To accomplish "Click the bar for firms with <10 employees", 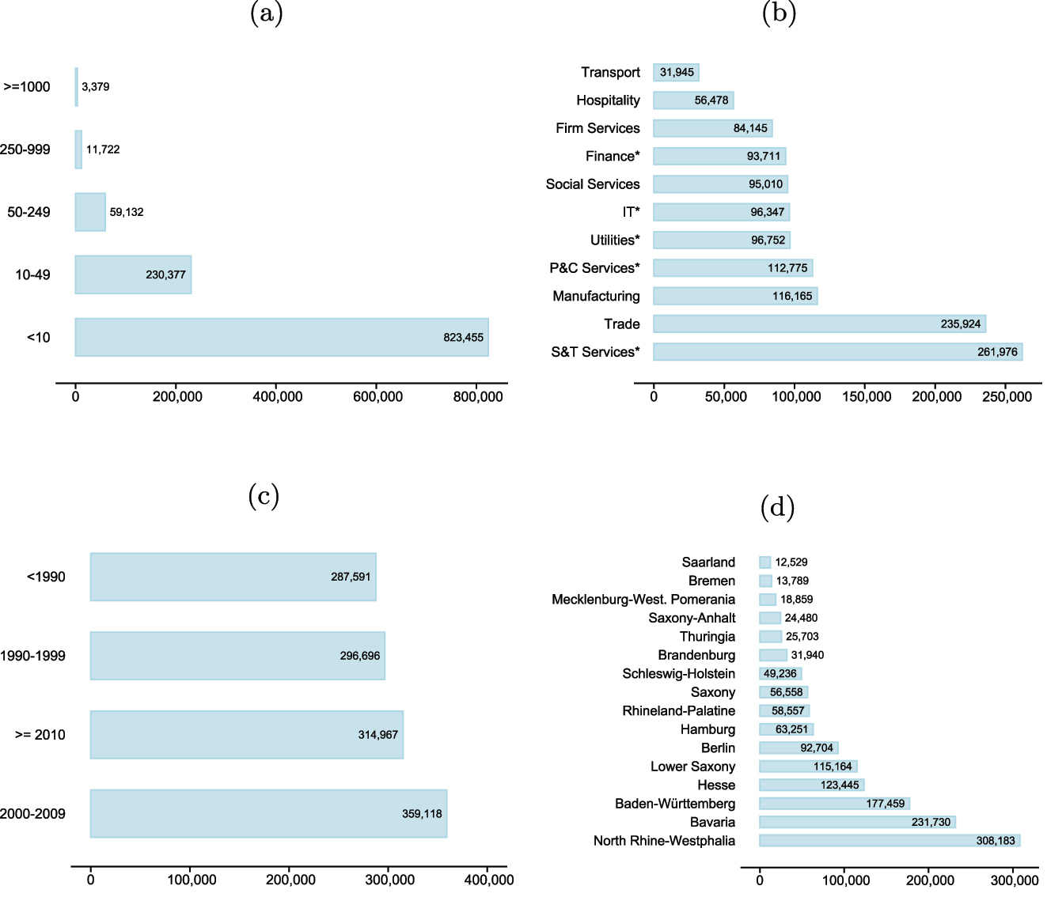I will point(281,337).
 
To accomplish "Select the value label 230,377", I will point(165,274).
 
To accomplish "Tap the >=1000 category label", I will point(27,87).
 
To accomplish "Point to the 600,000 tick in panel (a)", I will point(377,396).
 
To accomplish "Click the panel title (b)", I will point(778,13).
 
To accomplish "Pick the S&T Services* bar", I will point(837,352).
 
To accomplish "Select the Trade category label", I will point(621,324).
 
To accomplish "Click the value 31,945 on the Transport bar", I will point(677,73).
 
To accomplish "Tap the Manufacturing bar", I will point(734,296).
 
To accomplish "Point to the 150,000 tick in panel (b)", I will point(867,396).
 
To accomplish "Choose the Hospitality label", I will point(608,100).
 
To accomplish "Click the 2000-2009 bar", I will point(268,813).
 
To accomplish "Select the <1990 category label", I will point(46,577).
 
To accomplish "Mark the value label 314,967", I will point(377,735).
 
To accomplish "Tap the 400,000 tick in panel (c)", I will point(488,880).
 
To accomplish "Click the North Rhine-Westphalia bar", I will point(889,840).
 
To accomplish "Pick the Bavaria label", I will point(712,822).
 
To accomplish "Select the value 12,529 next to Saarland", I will point(791,562).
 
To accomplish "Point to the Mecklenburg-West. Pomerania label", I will point(643,600).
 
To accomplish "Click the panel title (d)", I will point(777,507).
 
